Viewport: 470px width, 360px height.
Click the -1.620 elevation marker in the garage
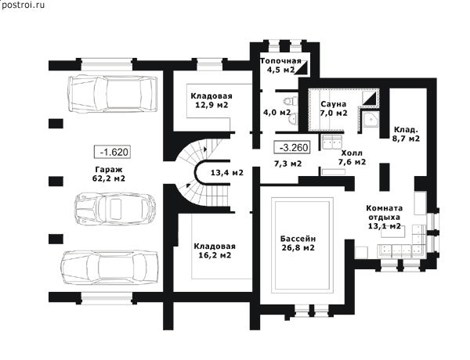[113, 152]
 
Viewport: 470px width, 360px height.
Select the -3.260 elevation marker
[292, 147]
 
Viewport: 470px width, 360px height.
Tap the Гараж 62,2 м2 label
[109, 174]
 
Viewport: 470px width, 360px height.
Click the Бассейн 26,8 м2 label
[298, 243]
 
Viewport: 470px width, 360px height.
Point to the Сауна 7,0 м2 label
[334, 109]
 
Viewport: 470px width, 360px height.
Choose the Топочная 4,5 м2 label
[280, 66]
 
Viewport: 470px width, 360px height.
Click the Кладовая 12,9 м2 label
[211, 100]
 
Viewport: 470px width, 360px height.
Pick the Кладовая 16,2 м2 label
[215, 250]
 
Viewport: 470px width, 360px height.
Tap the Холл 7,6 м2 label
[352, 157]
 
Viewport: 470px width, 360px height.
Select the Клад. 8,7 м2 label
[406, 134]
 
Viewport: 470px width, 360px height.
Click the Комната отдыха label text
[385, 212]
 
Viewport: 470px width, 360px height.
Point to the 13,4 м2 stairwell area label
[227, 173]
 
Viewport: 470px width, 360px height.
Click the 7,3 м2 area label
[288, 164]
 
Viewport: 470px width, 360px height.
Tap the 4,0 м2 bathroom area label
[277, 113]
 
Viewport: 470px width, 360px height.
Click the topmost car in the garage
[113, 94]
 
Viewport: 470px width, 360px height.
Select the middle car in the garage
[115, 209]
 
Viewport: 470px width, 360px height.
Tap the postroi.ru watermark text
[23, 5]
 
